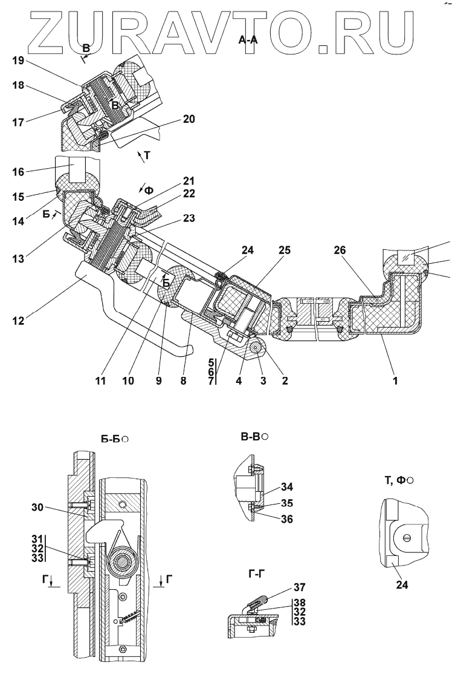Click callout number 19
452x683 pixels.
click(x=18, y=61)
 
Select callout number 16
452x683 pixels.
click(x=18, y=172)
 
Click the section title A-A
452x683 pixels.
click(x=249, y=39)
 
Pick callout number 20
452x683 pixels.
click(x=188, y=120)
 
